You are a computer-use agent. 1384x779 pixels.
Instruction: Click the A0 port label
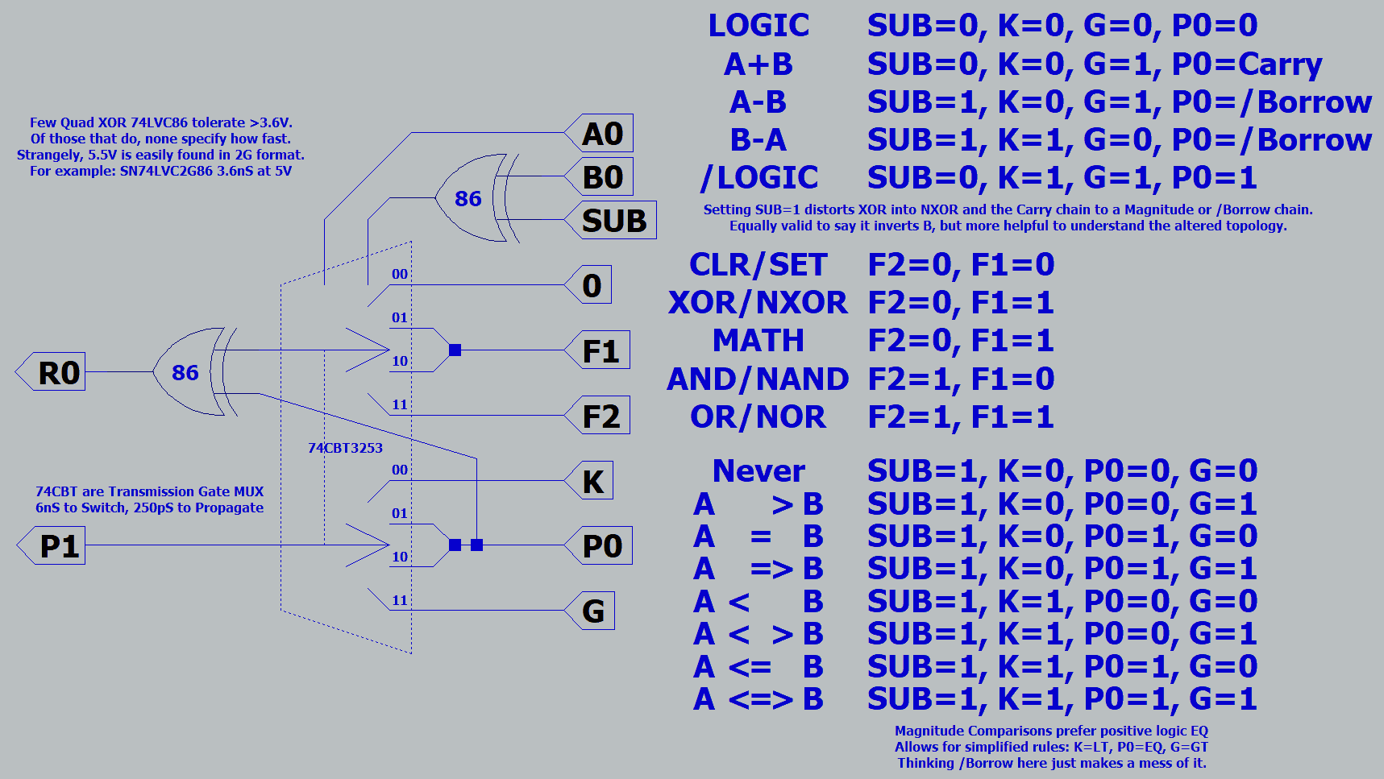pyautogui.click(x=602, y=134)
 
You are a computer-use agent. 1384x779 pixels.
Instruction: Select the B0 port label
pyautogui.click(x=602, y=177)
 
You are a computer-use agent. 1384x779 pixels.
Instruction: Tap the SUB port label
pyautogui.click(x=613, y=221)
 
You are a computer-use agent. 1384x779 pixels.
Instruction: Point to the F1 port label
pyautogui.click(x=600, y=351)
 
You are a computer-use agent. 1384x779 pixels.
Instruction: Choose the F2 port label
pyautogui.click(x=600, y=416)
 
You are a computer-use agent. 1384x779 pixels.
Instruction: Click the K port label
pyautogui.click(x=592, y=482)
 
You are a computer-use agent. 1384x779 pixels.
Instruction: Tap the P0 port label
pyautogui.click(x=601, y=546)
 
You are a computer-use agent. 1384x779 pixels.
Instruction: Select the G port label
pyautogui.click(x=592, y=611)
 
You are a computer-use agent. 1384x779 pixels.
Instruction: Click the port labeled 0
pyautogui.click(x=592, y=286)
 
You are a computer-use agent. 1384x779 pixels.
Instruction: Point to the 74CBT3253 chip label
pyautogui.click(x=345, y=448)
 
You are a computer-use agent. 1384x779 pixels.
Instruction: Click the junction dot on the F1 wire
pyautogui.click(x=455, y=350)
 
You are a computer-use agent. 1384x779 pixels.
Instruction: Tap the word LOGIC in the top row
pyautogui.click(x=758, y=26)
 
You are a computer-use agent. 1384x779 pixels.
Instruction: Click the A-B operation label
pyautogui.click(x=758, y=102)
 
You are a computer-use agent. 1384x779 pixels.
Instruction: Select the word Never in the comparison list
pyautogui.click(x=758, y=471)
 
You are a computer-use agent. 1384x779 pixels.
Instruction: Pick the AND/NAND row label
pyautogui.click(x=758, y=379)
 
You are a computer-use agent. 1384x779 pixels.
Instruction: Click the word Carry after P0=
pyautogui.click(x=1280, y=64)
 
